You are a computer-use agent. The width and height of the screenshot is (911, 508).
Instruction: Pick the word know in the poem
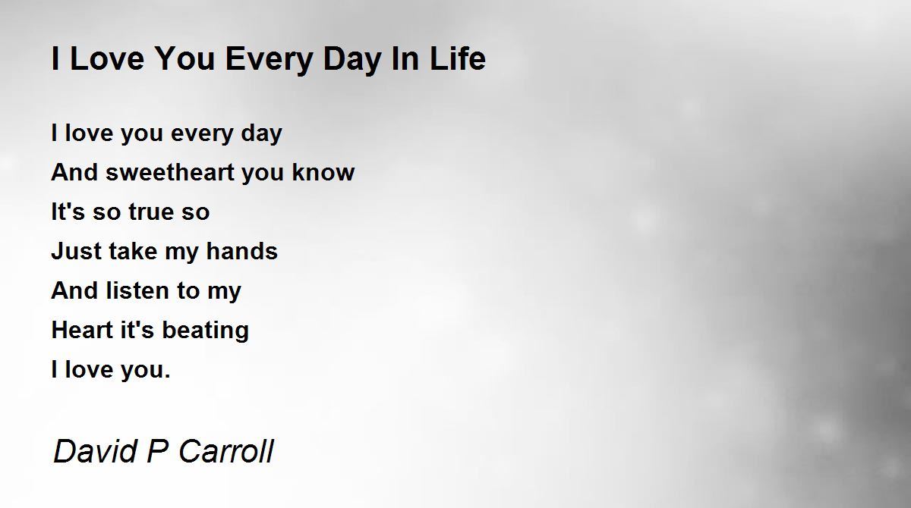tap(323, 172)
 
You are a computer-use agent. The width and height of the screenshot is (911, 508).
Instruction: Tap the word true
tap(151, 212)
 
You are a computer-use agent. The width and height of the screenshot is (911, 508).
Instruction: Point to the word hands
tap(242, 251)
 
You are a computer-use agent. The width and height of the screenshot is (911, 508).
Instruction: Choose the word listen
tap(137, 290)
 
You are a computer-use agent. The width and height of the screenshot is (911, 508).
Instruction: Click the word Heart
tap(82, 330)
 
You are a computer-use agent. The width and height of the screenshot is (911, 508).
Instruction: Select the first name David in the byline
tap(95, 451)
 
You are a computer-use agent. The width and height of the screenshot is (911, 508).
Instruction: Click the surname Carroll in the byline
tap(226, 451)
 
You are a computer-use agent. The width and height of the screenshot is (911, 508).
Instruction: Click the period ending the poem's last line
tap(167, 376)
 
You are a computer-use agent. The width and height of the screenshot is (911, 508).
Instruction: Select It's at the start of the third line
tap(68, 212)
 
